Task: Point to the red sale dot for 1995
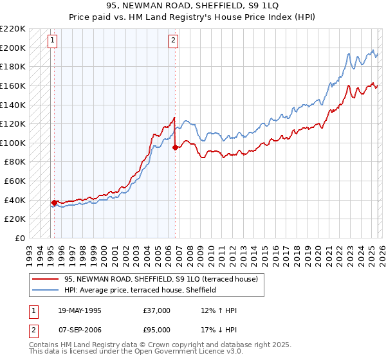[x=54, y=203]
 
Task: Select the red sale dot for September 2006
[x=175, y=147]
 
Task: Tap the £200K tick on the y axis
[x=14, y=48]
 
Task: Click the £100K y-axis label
[x=14, y=143]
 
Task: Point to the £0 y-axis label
[x=21, y=238]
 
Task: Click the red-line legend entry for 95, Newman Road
[x=161, y=279]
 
